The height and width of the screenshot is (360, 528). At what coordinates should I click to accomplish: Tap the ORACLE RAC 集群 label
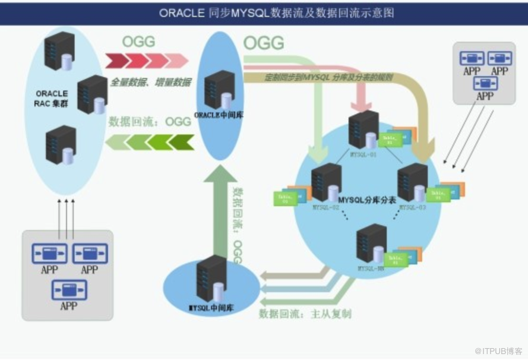(52, 98)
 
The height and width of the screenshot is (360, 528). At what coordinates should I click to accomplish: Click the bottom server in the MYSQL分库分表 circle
(372, 244)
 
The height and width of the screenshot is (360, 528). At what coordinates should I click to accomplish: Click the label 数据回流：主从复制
(305, 313)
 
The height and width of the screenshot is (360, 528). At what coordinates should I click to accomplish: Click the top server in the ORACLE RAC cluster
(60, 51)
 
